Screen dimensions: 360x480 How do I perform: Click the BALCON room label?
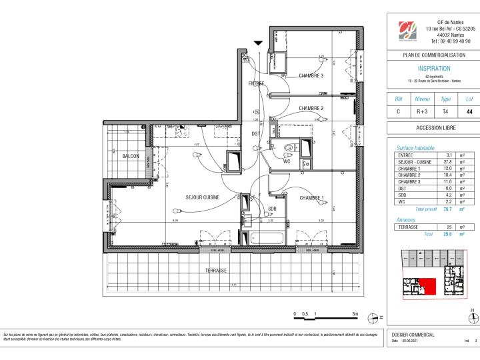pos(130,156)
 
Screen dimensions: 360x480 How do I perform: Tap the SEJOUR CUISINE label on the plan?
pos(203,197)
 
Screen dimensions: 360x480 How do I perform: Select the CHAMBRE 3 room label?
pos(311,76)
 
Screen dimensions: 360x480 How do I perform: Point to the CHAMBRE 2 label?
pos(311,108)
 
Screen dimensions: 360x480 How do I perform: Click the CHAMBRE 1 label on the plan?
pos(311,198)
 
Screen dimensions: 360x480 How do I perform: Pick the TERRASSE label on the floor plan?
pos(216,271)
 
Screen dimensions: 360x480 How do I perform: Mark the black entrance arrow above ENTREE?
pos(258,43)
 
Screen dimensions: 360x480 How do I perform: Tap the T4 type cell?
pos(446,112)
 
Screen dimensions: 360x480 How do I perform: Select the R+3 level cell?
pos(422,112)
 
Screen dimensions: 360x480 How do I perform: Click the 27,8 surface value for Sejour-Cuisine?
pos(448,161)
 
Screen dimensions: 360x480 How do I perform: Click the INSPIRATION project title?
pos(433,68)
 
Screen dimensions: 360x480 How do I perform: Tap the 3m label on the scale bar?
pos(355,313)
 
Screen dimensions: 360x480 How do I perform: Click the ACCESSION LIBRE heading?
pos(433,128)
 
